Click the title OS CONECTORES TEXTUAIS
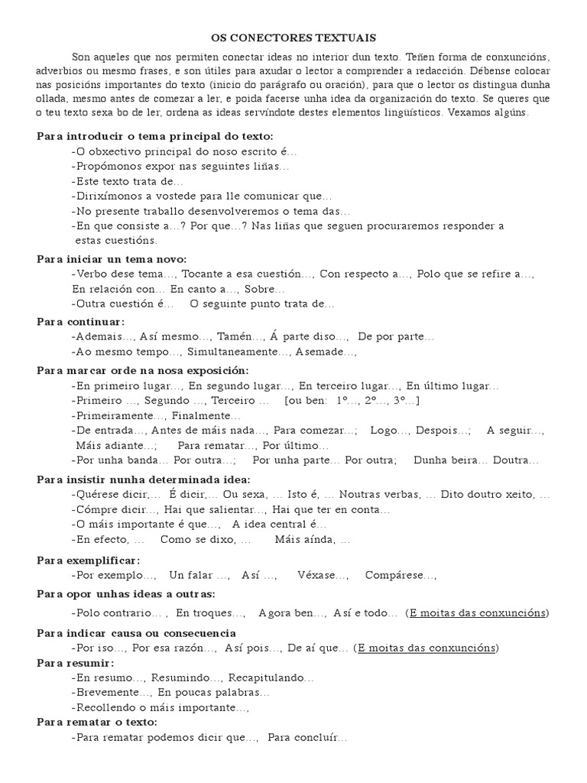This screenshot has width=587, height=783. (293, 37)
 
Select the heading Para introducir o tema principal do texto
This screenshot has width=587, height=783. (154, 136)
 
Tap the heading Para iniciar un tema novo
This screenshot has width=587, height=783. (112, 258)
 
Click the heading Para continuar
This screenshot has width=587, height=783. (80, 321)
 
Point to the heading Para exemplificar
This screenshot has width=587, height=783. (89, 560)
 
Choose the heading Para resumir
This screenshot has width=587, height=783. (75, 663)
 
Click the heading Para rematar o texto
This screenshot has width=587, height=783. (97, 722)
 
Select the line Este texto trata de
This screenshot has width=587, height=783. (128, 181)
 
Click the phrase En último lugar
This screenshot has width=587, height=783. (452, 386)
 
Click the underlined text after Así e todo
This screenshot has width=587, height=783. (478, 612)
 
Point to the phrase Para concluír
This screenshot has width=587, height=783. (307, 738)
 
